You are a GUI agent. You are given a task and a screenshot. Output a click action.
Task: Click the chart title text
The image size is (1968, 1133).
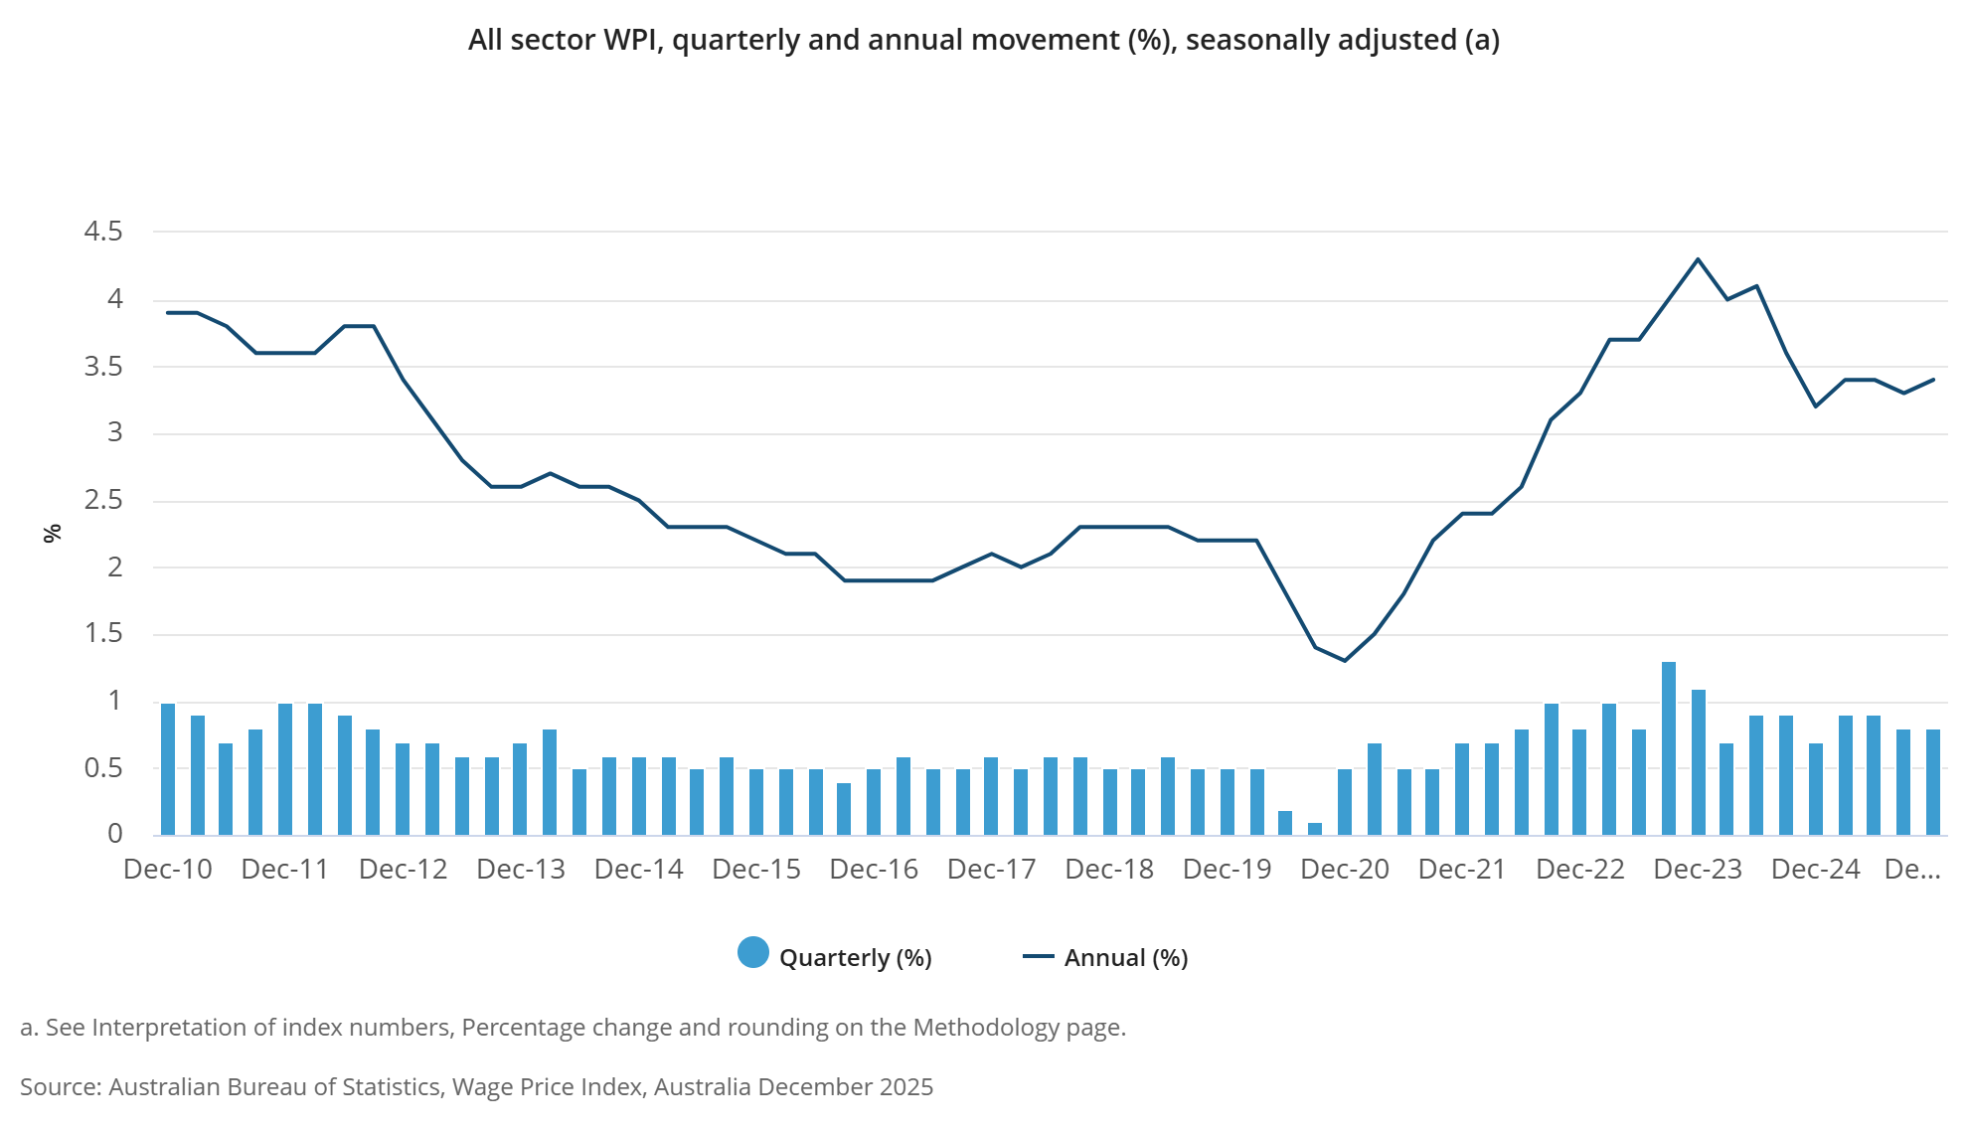(x=983, y=40)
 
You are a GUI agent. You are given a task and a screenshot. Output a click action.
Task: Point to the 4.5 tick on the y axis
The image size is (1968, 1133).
(x=103, y=232)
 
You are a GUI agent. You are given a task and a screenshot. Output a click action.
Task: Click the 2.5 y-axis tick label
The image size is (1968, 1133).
(x=103, y=500)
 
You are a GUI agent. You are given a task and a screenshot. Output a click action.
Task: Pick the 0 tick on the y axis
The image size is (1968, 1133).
(x=115, y=834)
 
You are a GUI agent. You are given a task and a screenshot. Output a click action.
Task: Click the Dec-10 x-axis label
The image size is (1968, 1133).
(x=168, y=870)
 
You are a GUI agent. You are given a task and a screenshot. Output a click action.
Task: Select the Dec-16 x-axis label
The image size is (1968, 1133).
(x=874, y=870)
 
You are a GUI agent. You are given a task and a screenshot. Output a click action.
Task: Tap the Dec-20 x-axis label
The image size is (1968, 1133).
(x=1344, y=870)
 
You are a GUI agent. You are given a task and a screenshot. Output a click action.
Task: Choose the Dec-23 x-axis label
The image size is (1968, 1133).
(x=1698, y=870)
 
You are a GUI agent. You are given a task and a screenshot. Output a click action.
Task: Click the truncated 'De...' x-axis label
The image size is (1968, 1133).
(x=1912, y=870)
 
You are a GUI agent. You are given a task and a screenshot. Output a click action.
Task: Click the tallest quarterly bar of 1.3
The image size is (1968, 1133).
(x=1669, y=748)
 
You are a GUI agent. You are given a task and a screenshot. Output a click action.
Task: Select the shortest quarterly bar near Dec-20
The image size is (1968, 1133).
(x=1315, y=829)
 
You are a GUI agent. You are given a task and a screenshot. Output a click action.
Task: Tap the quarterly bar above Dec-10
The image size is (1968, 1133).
(x=168, y=769)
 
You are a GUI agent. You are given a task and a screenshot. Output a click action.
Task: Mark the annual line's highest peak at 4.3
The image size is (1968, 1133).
(x=1698, y=259)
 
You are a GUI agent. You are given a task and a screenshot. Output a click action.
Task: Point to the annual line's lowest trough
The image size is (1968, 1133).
(x=1345, y=660)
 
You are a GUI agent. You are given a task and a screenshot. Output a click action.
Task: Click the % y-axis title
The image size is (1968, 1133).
(x=53, y=534)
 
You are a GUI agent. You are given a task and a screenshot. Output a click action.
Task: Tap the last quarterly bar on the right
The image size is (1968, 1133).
(x=1933, y=782)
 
